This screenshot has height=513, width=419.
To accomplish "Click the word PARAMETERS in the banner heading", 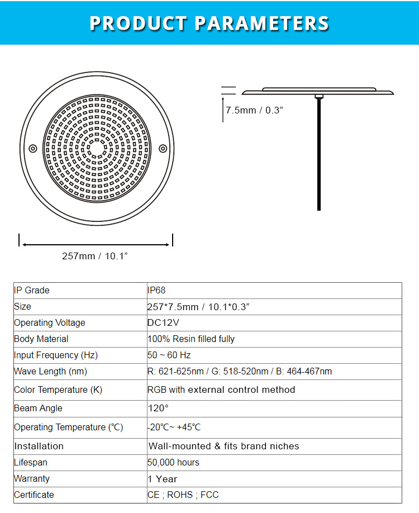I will (261, 23).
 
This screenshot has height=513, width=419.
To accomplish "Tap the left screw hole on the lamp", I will (33, 148).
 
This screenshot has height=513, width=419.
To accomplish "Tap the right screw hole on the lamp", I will (163, 148).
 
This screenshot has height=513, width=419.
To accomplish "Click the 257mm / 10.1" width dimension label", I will (95, 256).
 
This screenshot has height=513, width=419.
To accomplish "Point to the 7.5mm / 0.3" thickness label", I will (254, 110).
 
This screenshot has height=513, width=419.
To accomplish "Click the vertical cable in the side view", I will (319, 156).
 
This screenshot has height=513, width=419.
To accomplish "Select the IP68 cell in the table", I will (156, 291).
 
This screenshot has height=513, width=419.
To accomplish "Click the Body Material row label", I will (41, 339).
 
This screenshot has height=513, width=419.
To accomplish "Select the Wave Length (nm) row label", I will (51, 372).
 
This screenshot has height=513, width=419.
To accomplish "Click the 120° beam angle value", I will (158, 408).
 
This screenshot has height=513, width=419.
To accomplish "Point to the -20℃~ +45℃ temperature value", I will (174, 427).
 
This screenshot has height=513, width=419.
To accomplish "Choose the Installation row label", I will (39, 446).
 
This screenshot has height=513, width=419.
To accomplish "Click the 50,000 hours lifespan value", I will (173, 463).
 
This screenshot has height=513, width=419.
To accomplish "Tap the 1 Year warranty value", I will (163, 479).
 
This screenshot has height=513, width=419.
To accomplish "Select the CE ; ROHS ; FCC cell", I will (183, 495).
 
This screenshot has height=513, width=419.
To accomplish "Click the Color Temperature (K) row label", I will (58, 390).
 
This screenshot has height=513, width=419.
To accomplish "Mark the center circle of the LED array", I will (98, 148).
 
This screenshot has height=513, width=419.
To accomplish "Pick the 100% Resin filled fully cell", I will (191, 339).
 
